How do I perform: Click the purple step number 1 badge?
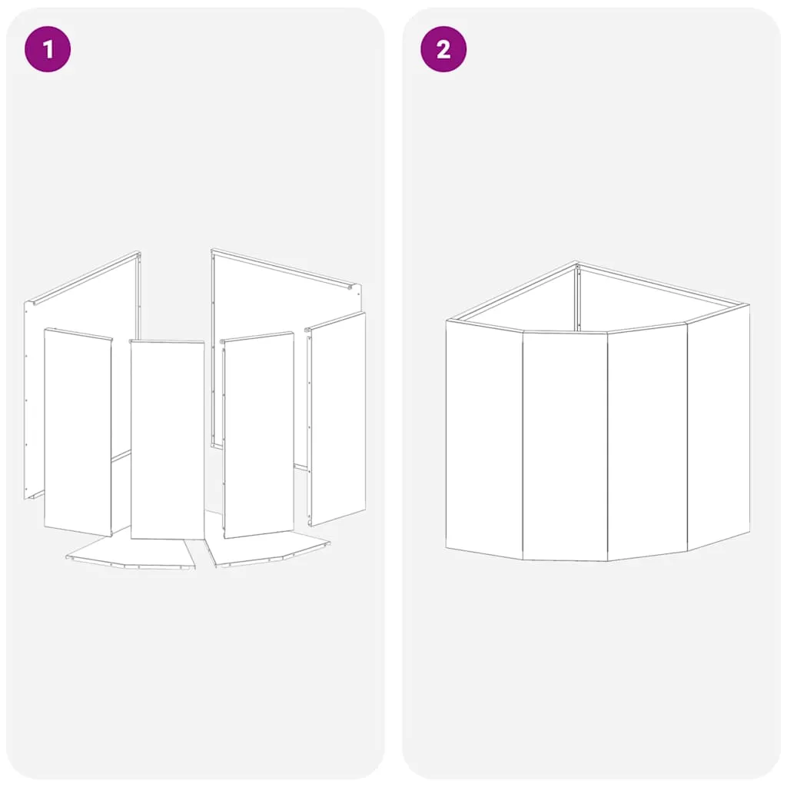tap(48, 49)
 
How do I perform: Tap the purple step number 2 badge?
tap(443, 49)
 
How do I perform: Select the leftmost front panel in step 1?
tap(78, 433)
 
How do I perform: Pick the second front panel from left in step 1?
tap(167, 440)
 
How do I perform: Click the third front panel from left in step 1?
tap(258, 435)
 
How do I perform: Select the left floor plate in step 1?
tap(131, 552)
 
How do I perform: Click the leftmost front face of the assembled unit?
tap(484, 440)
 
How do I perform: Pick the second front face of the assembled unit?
tap(565, 447)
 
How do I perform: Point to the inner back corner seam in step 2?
tap(578, 298)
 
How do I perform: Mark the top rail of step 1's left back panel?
tap(85, 277)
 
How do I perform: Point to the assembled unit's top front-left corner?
tap(447, 320)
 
